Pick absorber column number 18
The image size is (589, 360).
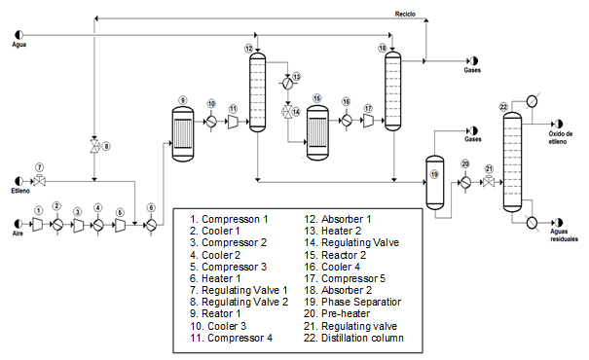[392, 90]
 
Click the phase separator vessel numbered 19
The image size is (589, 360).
[434, 176]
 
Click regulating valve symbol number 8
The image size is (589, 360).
[93, 147]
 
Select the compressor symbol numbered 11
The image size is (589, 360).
[234, 122]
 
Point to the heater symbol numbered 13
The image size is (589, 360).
[287, 80]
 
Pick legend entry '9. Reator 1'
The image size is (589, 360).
[216, 312]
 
